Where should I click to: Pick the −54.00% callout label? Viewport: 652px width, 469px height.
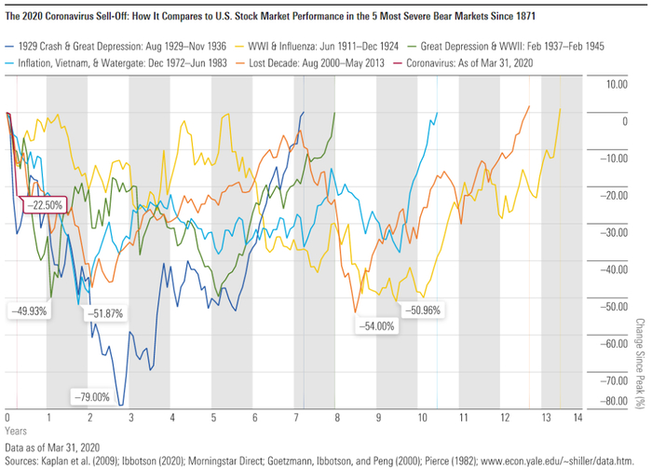(376, 326)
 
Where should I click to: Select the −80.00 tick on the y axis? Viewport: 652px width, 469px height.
(612, 402)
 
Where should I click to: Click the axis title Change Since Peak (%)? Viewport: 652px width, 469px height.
(640, 363)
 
